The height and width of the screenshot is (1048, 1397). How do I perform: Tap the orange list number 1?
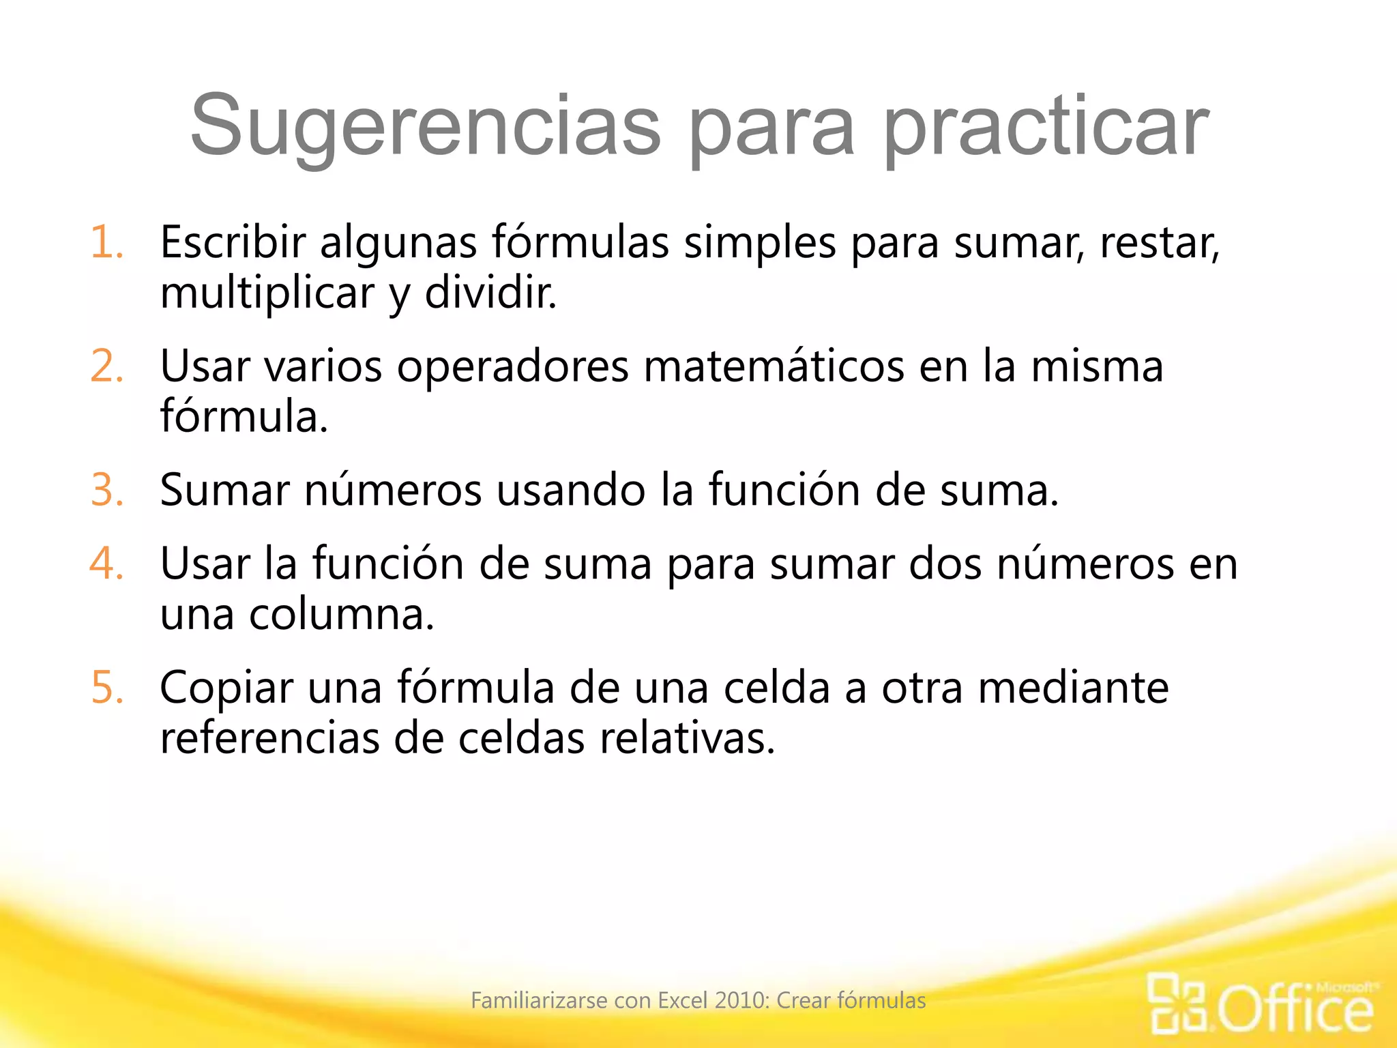click(107, 242)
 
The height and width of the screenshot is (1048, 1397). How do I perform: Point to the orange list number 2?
click(107, 366)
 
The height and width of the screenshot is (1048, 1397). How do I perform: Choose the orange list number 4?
click(107, 564)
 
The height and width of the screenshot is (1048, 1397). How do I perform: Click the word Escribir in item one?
click(233, 242)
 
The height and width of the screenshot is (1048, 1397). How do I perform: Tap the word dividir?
click(490, 293)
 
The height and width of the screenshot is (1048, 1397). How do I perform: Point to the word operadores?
click(512, 366)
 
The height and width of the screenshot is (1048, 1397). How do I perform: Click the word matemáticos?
click(774, 366)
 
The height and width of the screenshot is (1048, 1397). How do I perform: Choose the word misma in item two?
click(1096, 366)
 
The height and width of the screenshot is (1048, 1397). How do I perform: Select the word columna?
click(341, 615)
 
